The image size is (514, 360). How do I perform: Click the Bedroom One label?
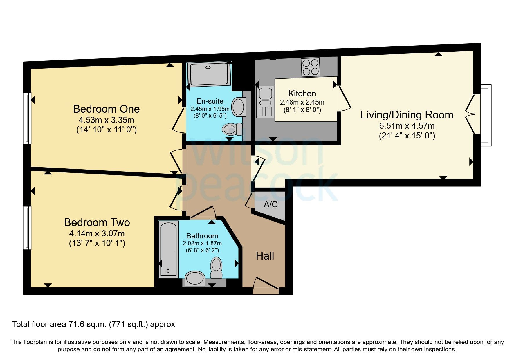pos(106,109)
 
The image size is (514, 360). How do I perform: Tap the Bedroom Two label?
pos(97,222)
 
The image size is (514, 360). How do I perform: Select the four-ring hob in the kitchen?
pos(310,67)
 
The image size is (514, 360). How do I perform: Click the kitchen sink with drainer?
pos(265,102)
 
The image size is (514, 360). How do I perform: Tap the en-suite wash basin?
pos(239,107)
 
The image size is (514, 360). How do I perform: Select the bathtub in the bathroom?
pos(169,249)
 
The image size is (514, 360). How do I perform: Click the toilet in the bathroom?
pos(216,267)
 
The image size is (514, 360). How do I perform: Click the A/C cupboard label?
pos(270,204)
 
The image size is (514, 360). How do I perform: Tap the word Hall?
pos(265,256)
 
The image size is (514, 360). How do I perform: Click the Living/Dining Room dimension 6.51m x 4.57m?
pos(407,126)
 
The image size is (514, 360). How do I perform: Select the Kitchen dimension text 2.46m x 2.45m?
pos(302,102)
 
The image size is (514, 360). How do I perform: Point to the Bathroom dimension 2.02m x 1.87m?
pos(202,243)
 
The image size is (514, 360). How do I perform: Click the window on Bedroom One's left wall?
pos(27,118)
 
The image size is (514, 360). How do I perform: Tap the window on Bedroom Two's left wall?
pos(27,228)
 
